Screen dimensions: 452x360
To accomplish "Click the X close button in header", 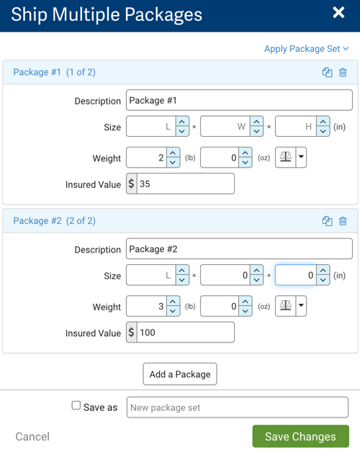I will click(338, 13).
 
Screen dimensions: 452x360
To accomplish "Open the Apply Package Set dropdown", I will click(306, 49).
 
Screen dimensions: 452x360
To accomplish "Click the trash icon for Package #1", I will click(343, 73).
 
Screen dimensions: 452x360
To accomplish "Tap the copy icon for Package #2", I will click(327, 221).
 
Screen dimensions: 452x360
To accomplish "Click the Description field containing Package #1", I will click(238, 101).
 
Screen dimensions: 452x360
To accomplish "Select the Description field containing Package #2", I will click(238, 249).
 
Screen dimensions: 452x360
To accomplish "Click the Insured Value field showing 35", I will click(185, 184).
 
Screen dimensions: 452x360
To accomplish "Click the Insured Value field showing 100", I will click(185, 332).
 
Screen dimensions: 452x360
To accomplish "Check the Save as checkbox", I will click(76, 406).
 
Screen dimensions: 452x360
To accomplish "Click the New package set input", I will click(237, 407).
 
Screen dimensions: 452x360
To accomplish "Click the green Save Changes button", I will click(300, 436).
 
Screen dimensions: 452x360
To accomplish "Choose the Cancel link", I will click(32, 436).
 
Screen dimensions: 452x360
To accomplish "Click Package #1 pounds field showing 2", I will click(147, 158).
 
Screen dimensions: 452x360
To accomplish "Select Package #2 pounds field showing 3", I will click(147, 306).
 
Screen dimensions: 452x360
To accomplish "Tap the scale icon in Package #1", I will click(285, 158).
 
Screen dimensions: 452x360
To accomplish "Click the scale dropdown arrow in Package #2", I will click(301, 306).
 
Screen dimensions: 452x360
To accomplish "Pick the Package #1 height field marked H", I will click(296, 127).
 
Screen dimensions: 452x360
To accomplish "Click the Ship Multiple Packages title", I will click(107, 14).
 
